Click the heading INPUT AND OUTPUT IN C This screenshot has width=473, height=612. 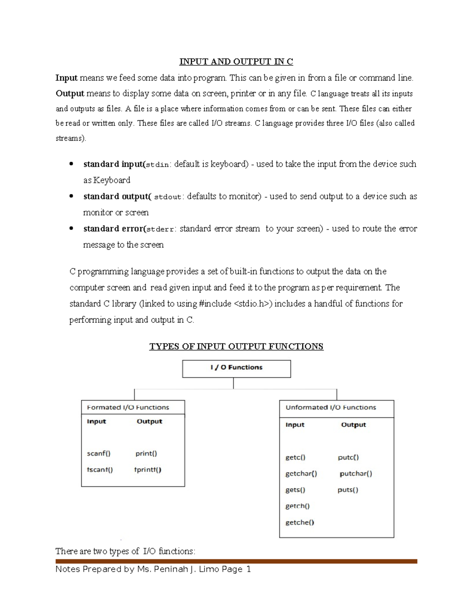coord(236,62)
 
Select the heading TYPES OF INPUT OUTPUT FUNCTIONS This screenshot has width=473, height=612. coord(236,346)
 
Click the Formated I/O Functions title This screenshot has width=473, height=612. coord(128,407)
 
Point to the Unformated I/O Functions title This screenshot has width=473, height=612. coord(331,407)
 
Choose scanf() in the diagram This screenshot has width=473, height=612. coord(99,454)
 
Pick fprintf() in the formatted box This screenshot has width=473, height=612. coord(148,470)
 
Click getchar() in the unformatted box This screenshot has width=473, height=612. coord(301,474)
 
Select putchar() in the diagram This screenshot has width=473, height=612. coord(356,474)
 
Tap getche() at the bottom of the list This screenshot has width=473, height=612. coord(300,523)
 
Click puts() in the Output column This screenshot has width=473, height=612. coord(348,490)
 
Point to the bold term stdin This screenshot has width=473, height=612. coord(158,165)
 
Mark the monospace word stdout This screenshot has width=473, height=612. coord(168,197)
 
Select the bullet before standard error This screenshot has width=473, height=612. coord(71,229)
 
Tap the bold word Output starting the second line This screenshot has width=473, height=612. coord(70,94)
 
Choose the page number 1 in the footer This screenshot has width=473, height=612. coord(248,569)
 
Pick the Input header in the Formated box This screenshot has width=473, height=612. coord(97,421)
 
